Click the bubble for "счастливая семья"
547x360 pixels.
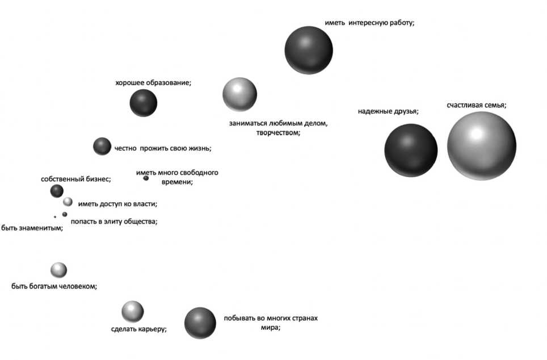tap(481, 145)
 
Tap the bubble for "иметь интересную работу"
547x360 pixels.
tap(309, 50)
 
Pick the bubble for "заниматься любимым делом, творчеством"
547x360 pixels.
tap(239, 94)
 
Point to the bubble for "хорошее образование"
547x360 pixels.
tap(143, 103)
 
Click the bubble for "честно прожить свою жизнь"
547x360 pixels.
tap(102, 146)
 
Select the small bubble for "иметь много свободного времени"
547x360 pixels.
tap(146, 178)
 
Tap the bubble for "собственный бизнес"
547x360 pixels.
tap(57, 191)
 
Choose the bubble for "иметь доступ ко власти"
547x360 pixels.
tap(68, 202)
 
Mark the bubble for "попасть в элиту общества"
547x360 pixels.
tap(65, 214)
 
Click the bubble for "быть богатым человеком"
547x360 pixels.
tap(58, 270)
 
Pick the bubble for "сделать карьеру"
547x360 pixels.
tap(132, 311)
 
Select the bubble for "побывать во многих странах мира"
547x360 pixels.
tap(200, 323)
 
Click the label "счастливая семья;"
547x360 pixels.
tap(476, 105)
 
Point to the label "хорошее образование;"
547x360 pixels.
tap(153, 83)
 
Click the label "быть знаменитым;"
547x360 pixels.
tap(32, 229)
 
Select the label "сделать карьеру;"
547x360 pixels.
tap(138, 329)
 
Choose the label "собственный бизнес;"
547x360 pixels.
tap(75, 179)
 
